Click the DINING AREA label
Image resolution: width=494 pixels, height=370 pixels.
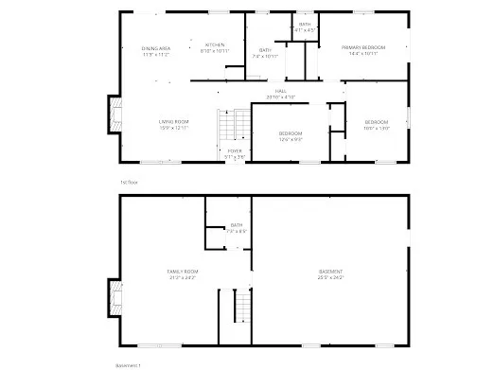(156, 48)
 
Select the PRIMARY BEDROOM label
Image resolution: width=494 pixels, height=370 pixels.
(363, 47)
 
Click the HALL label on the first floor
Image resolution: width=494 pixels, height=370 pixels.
(281, 91)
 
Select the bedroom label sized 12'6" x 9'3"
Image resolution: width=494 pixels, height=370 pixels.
(291, 133)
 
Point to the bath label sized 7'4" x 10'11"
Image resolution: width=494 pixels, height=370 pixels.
(266, 50)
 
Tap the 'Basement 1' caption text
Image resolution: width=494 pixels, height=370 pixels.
(128, 363)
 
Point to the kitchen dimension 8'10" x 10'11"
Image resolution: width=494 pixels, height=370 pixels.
(215, 51)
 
